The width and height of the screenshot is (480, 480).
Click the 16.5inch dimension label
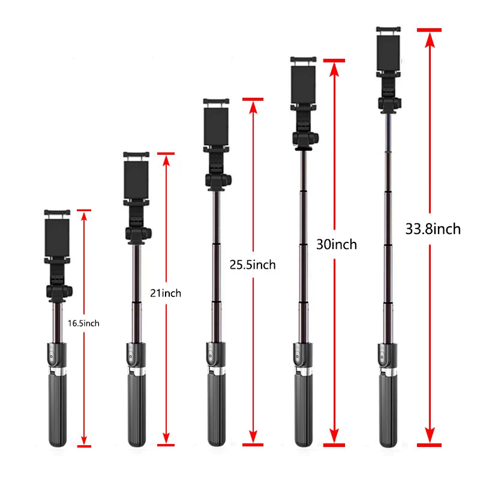point(83,323)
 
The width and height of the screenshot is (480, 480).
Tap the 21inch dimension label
point(165,293)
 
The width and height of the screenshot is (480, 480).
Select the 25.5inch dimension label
point(253,265)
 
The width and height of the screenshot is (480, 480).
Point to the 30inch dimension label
point(337,244)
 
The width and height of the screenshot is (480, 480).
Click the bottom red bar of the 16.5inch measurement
point(84,446)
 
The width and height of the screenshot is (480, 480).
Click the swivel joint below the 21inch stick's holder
point(137,233)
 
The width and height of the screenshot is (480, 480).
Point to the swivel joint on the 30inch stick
point(305,139)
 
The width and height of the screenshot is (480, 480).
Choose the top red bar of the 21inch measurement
point(166,154)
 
